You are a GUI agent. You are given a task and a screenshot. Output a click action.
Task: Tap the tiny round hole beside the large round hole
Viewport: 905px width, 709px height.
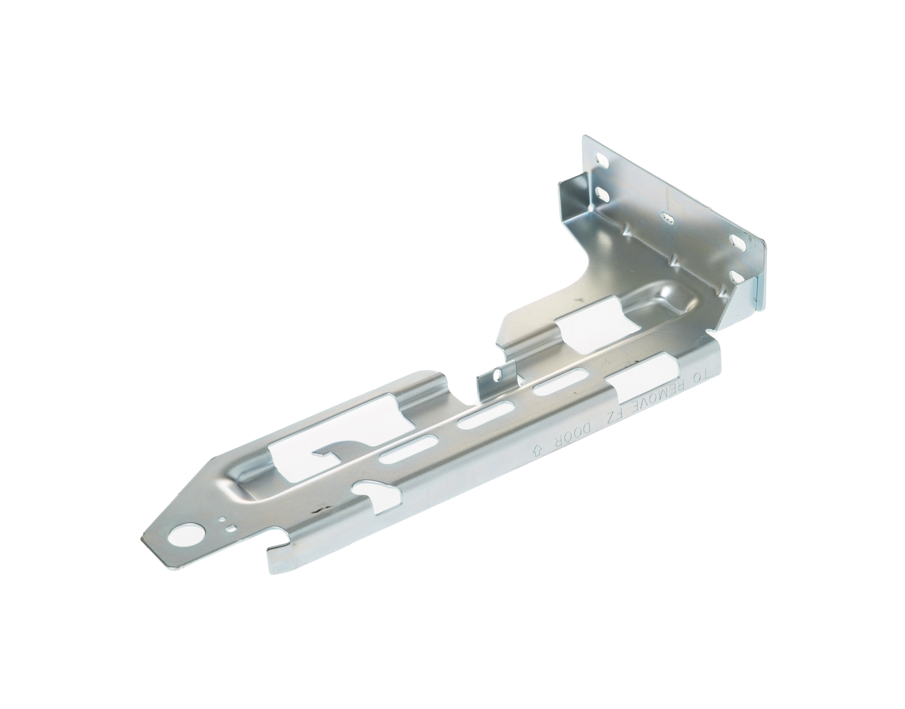[222, 519]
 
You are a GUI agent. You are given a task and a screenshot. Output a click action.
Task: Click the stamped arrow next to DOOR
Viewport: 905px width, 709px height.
[537, 449]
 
